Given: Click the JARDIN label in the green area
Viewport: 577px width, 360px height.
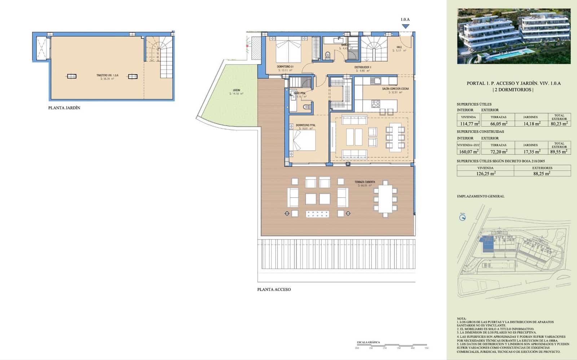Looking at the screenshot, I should tap(236, 90).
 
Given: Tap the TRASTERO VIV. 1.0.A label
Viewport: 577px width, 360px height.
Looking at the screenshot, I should tap(107, 75).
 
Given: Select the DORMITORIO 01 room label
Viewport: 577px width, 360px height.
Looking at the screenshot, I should tap(285, 67).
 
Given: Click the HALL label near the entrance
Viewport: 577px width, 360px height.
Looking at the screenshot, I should tap(399, 47).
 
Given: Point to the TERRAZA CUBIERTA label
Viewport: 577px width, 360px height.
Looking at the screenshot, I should tap(365, 182).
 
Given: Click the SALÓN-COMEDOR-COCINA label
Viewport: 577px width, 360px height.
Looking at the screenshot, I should tap(395, 89).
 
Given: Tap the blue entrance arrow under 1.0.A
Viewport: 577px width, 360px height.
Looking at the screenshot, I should tap(405, 26).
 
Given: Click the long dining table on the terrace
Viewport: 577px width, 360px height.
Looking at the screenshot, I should tap(385, 199).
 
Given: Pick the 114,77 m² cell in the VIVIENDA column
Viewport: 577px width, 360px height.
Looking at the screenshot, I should tap(468, 123).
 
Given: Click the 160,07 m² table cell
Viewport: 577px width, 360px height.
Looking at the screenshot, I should tap(468, 152).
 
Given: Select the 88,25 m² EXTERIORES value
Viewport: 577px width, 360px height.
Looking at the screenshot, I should tap(542, 174).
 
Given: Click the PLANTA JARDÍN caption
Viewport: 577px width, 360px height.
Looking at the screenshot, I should tap(64, 108).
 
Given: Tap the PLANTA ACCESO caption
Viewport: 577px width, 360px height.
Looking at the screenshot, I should tap(274, 289).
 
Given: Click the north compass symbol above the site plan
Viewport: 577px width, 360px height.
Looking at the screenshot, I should tap(462, 217).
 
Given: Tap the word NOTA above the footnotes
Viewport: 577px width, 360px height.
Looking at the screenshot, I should tap(461, 319).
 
